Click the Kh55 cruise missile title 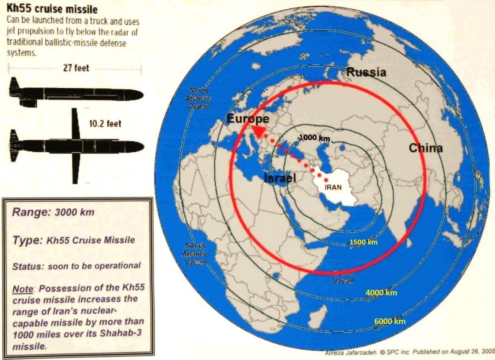pos(52,9)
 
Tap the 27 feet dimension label pos(76,68)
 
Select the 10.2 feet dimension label pos(105,123)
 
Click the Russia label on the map pos(366,72)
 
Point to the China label pos(426,148)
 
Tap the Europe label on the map pos(247,119)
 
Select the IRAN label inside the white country pos(333,188)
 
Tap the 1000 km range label pos(314,138)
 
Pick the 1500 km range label pos(363,242)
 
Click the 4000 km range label pos(381,292)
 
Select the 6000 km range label pos(390,321)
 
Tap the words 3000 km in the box pos(74,213)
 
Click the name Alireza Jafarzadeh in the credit pos(346,353)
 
